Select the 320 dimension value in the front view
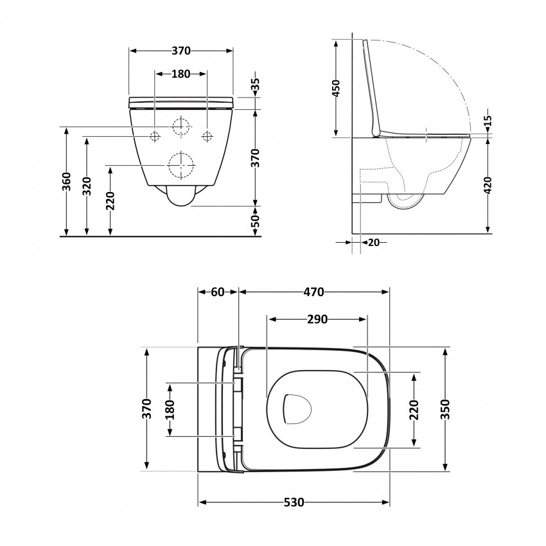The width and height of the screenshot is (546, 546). (x=87, y=186)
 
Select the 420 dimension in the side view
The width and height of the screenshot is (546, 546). (x=488, y=185)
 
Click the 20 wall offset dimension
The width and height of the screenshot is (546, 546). (x=373, y=242)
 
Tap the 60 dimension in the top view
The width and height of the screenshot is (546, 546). (x=217, y=292)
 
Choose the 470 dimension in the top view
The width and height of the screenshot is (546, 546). (x=313, y=292)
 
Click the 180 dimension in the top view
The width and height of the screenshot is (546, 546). (x=170, y=410)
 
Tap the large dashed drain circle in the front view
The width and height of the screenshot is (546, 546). (x=181, y=165)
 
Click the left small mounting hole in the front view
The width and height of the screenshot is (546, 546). (x=155, y=136)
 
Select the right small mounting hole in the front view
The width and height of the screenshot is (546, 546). (x=207, y=136)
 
